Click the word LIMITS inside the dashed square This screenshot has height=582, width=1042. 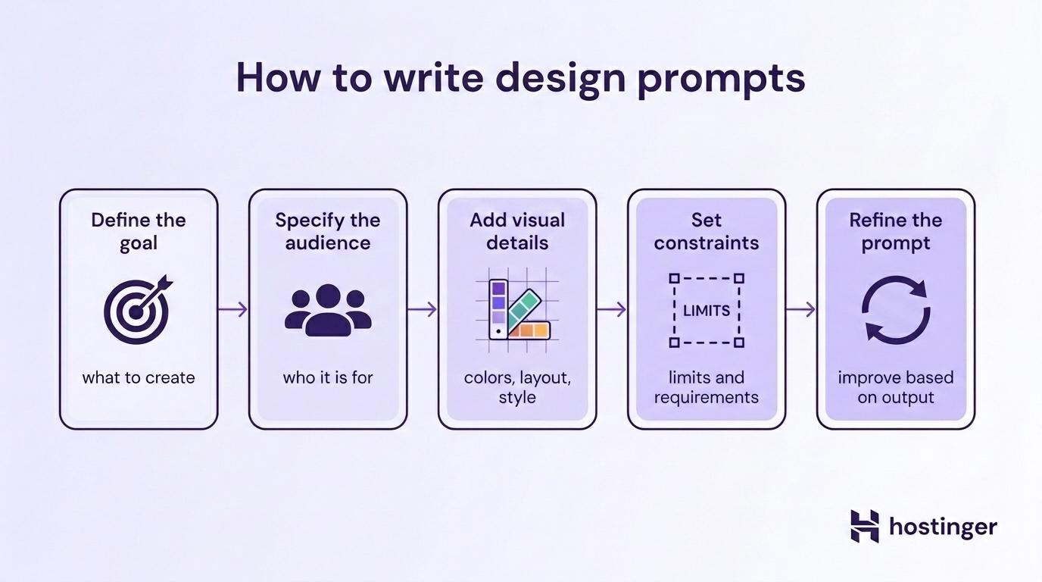707,311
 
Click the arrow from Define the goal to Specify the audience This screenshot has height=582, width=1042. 233,309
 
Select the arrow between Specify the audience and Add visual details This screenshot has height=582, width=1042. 423,309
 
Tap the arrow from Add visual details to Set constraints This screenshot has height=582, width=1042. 612,309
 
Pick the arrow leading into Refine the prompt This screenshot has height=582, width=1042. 801,309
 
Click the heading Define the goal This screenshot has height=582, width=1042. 139,231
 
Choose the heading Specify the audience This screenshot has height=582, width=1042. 328,231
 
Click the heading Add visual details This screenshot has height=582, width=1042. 517,231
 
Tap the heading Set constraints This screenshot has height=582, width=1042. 707,231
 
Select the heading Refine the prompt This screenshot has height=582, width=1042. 896,231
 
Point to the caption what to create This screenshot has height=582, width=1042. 139,377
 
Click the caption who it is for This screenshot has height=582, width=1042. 328,377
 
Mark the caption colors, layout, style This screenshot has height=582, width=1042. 517,387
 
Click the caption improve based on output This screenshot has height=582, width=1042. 896,387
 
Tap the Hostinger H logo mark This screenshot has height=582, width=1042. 865,526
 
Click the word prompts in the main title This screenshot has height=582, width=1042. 721,79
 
